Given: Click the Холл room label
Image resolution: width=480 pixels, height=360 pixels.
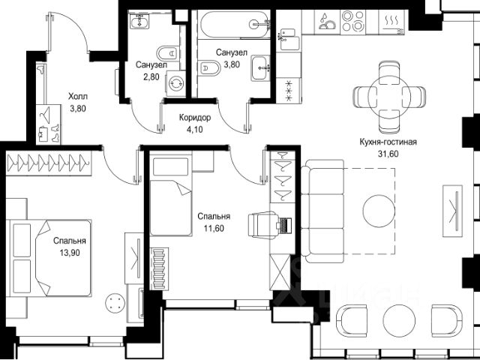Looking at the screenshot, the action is point(78,97).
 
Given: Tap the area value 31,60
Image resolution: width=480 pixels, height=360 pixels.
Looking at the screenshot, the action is point(388,154).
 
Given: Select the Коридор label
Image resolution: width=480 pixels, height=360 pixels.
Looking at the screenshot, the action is point(195,118).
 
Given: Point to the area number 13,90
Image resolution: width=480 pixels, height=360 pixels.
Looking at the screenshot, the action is point(70,253).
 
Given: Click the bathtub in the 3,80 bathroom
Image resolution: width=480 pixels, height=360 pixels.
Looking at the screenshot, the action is point(234,24).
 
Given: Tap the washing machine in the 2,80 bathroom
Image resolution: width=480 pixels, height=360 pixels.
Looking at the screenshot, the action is point(176,83).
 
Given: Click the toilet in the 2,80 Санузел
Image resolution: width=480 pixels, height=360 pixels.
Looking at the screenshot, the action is point(167,53).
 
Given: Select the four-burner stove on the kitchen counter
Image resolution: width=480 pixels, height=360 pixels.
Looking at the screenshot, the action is point(352,21).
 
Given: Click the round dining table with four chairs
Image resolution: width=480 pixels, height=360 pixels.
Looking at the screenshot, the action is point(389,97).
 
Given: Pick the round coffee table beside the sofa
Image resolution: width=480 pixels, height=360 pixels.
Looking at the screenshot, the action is point(379,211).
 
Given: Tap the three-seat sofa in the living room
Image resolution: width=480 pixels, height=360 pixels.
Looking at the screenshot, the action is point(322,211).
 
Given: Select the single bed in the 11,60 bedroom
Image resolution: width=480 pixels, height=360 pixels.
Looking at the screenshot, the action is point(171,196).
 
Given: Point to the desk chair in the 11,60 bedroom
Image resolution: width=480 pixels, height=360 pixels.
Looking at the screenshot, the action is point(262,225).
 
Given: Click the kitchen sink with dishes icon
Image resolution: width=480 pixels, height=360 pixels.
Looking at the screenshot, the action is point(327,22).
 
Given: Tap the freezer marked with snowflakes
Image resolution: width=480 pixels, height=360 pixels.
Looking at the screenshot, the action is point(289,90).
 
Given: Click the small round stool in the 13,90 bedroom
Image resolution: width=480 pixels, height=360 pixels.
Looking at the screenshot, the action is point(115,303).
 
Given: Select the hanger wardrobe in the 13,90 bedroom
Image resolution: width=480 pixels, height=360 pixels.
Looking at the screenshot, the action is point(49,163).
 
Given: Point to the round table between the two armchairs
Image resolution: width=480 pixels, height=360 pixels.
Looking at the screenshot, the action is point(398,320).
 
